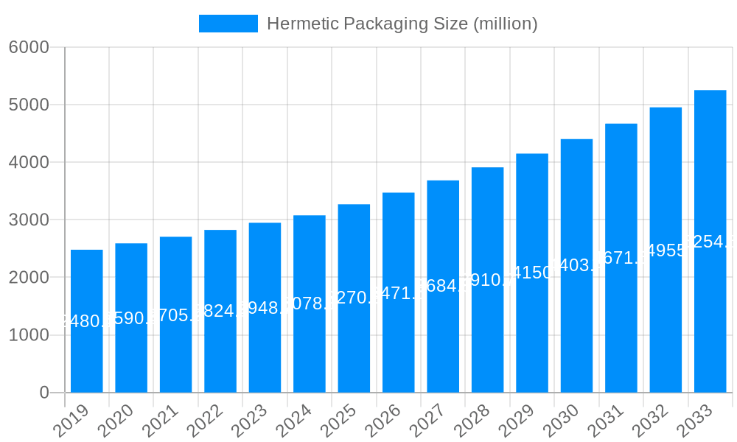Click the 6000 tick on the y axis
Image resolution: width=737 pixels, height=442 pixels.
point(29,47)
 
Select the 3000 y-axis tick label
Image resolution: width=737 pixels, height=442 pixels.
point(29,220)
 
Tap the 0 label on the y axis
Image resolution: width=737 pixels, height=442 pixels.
point(43,393)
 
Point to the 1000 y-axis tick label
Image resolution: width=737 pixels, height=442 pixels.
point(29,335)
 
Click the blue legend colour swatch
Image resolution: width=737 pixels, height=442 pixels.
point(228,24)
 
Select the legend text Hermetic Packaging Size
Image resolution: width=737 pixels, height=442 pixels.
point(402,24)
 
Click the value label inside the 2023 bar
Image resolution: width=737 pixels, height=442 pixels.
point(265,308)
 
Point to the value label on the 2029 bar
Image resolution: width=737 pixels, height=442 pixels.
point(532,273)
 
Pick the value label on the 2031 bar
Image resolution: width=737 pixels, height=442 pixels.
point(621,258)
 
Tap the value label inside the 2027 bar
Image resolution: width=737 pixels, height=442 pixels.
point(443,286)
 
